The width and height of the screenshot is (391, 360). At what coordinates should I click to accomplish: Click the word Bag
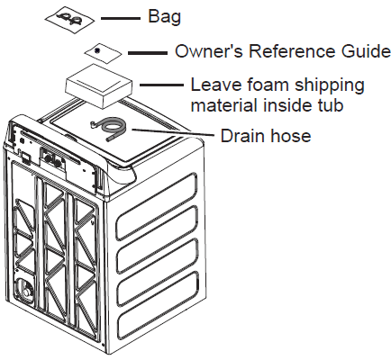pyautogui.click(x=164, y=17)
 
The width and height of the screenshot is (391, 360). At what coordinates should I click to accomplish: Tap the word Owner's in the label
pyautogui.click(x=209, y=51)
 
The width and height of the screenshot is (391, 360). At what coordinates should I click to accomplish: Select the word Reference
pyautogui.click(x=291, y=51)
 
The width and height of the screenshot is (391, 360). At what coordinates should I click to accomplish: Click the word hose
pyautogui.click(x=290, y=136)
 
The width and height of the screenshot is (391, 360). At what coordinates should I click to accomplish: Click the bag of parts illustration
pyautogui.click(x=69, y=20)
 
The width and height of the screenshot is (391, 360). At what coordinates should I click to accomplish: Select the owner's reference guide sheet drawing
pyautogui.click(x=103, y=53)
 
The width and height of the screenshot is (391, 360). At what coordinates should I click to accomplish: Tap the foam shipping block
pyautogui.click(x=99, y=86)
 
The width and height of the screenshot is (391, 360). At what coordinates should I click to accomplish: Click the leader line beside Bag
pyautogui.click(x=121, y=18)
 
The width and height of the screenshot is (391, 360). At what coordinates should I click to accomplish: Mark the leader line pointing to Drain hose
pyautogui.click(x=173, y=132)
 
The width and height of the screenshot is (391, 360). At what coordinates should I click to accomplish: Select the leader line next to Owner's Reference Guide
pyautogui.click(x=148, y=53)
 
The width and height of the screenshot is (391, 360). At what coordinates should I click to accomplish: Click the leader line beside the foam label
pyautogui.click(x=161, y=85)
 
